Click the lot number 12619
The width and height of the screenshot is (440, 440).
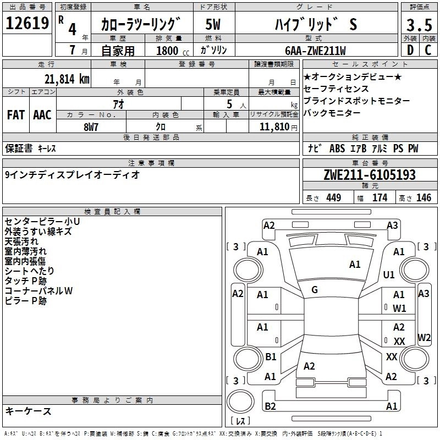(27, 23)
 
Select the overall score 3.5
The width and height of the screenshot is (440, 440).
(419, 25)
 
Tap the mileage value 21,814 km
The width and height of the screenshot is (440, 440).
(67, 79)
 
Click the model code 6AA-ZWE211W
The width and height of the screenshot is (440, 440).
(315, 51)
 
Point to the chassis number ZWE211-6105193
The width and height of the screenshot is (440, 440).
(370, 175)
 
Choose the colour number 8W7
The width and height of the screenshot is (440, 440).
(91, 127)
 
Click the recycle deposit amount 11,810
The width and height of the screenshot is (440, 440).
(274, 127)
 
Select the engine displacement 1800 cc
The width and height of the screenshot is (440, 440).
(173, 51)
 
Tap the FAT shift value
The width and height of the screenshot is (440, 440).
(16, 115)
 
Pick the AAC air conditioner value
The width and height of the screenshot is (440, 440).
(42, 115)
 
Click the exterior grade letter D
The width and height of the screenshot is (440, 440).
(410, 50)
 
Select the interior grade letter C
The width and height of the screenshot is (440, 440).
(428, 50)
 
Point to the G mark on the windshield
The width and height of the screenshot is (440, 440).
(315, 290)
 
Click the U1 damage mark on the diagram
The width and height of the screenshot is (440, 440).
(389, 274)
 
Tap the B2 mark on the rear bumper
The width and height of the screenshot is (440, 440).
(270, 406)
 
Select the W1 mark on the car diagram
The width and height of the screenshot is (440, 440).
(399, 309)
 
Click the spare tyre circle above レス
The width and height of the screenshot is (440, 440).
(240, 401)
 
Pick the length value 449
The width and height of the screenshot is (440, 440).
(334, 197)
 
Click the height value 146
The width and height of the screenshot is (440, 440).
(424, 197)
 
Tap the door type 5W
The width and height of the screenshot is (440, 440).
(213, 24)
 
